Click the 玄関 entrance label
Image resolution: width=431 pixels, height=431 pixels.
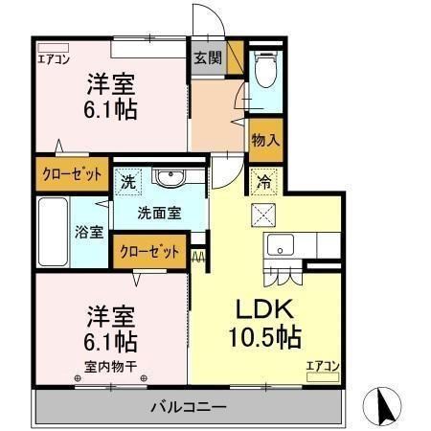click(x=207, y=57)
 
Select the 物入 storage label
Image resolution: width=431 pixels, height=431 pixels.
click(x=265, y=140)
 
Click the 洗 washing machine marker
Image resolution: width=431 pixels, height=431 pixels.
click(x=126, y=179)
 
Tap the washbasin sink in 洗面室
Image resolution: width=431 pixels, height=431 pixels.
click(x=171, y=178)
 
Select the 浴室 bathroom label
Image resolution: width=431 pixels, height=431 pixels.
click(x=90, y=231)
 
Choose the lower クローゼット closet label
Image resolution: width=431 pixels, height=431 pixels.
click(x=149, y=253)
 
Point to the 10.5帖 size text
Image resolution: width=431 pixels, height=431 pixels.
click(x=264, y=337)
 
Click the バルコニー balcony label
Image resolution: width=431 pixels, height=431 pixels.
click(x=189, y=407)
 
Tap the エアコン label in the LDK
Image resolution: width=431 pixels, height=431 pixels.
click(x=323, y=365)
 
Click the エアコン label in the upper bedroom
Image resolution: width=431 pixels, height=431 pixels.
click(x=53, y=58)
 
